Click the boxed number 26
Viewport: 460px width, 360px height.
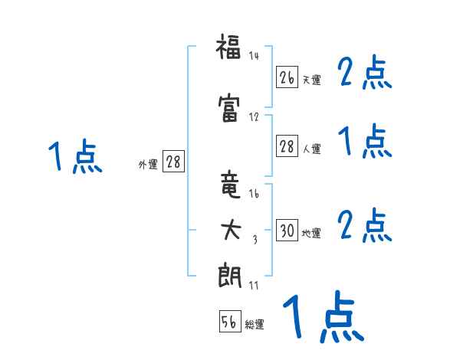(287, 77)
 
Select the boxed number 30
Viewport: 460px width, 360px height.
(287, 231)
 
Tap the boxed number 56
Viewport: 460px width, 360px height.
(229, 322)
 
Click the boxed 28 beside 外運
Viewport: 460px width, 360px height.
(173, 162)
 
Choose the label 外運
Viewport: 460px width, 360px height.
(148, 165)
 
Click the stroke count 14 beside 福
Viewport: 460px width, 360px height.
(255, 55)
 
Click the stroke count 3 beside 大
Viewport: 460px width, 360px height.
(255, 240)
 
